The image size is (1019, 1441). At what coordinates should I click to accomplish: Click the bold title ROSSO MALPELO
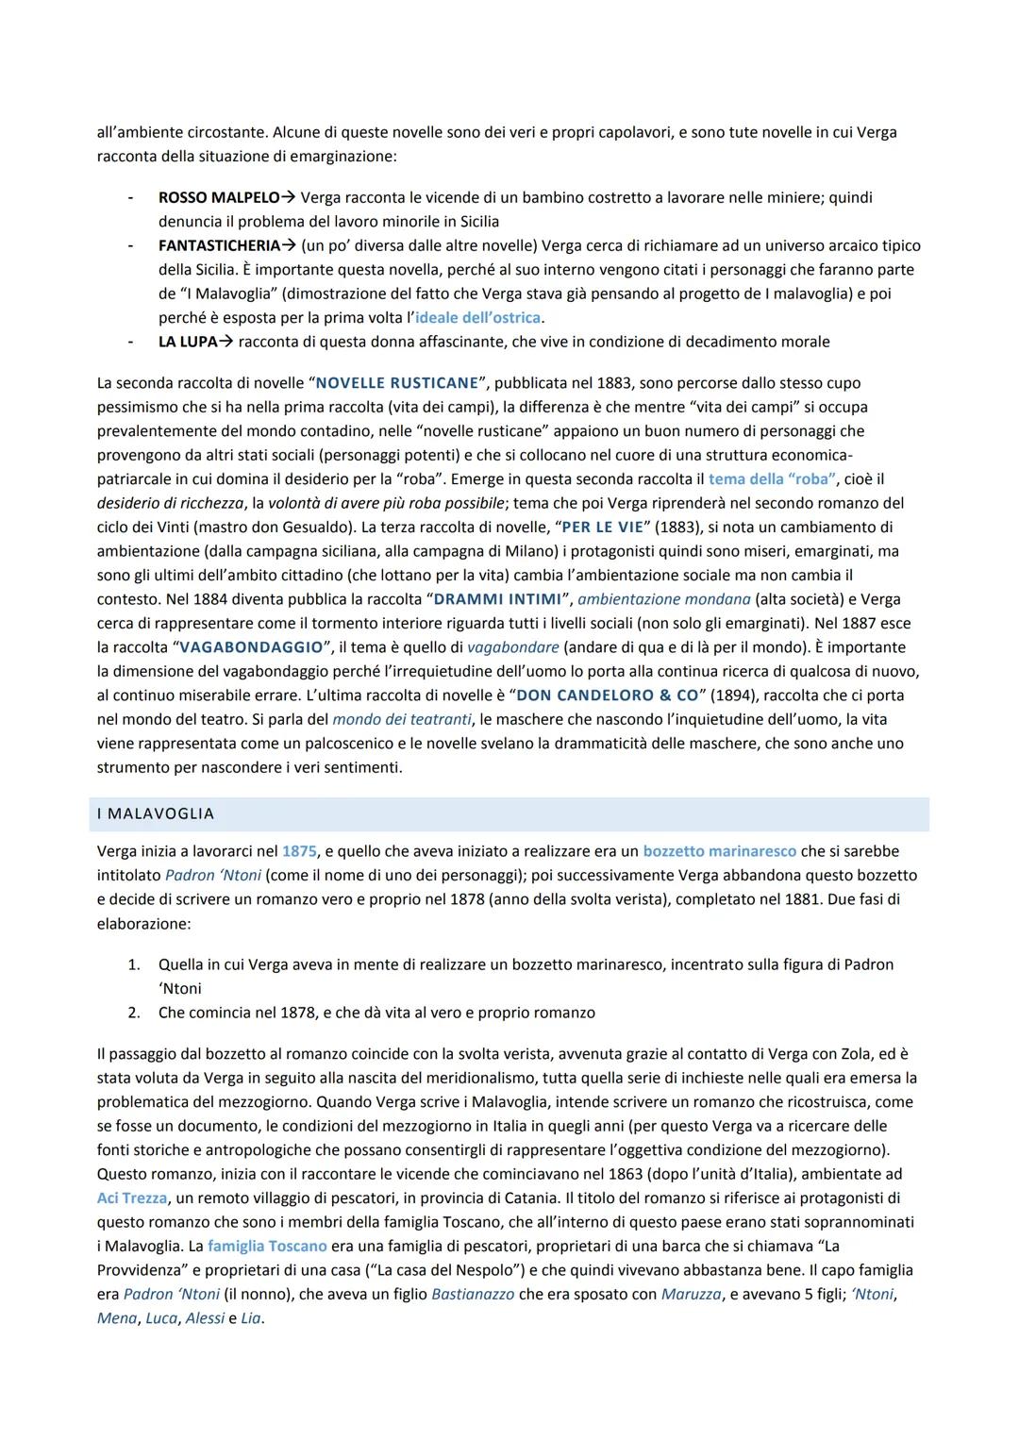pos(219,198)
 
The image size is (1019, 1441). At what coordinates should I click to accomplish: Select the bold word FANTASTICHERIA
pos(219,246)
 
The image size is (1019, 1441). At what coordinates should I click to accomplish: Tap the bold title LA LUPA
pos(188,342)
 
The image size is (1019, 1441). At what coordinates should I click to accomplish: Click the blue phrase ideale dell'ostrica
pos(477,318)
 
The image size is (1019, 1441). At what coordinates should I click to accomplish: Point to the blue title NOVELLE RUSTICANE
pos(397,383)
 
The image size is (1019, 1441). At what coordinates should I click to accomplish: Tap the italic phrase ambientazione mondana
pos(664,599)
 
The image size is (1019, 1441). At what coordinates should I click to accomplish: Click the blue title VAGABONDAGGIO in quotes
pos(251,647)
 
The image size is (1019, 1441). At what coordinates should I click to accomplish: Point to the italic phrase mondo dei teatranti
pos(402,719)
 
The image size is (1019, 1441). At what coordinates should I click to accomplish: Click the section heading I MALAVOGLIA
pos(156,813)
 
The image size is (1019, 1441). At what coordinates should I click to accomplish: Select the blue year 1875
pos(299,851)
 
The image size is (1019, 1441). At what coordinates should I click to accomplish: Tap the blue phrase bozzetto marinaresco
pos(720,851)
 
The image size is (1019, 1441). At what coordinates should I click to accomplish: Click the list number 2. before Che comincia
pos(134,1013)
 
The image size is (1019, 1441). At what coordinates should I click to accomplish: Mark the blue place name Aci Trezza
pos(132,1198)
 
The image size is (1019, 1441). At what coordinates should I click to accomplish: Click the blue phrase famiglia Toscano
pos(267,1246)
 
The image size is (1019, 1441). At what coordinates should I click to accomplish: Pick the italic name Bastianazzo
pos(473,1294)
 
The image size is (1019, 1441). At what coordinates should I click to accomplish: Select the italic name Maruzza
pos(691,1294)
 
